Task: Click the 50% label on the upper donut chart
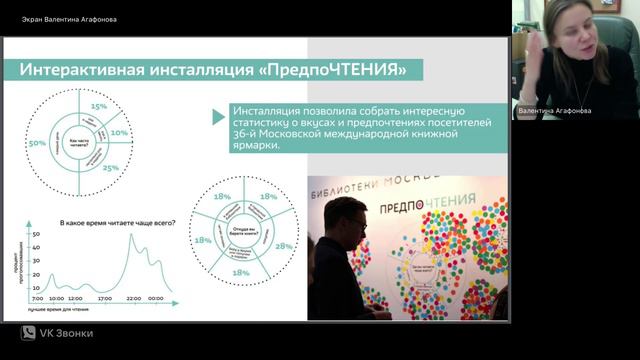[38, 144]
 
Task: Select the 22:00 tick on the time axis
[132, 299]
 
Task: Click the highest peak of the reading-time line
[131, 236]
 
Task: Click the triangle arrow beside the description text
[218, 117]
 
